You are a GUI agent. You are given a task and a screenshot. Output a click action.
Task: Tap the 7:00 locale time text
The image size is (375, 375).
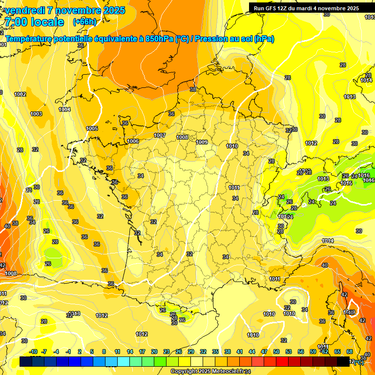coord(34,22)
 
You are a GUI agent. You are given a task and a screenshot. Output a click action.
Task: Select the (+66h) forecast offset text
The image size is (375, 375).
coord(84,22)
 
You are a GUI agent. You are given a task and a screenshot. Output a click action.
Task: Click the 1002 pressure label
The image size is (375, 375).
coord(20,94)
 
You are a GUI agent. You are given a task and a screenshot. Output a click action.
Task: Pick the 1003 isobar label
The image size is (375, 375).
coord(36,114)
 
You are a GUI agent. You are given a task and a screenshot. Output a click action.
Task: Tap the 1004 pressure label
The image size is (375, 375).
coord(64,109)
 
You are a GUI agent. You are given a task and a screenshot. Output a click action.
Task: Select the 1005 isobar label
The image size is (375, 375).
coord(92,128)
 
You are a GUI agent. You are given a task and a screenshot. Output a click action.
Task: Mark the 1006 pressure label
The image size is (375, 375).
coord(133,141)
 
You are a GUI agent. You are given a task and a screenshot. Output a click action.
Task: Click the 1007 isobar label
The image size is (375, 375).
coord(160,135)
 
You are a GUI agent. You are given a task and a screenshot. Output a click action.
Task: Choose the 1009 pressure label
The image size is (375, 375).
coord(202,142)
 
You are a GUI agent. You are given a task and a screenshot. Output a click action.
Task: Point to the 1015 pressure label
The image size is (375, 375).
coord(347,183)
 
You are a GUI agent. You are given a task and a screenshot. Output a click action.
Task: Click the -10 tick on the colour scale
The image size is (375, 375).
coord(33,352)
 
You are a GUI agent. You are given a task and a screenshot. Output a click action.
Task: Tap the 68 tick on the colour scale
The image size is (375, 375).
coord(350,352)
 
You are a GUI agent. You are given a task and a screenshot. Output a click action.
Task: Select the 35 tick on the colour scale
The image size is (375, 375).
coord(215,352)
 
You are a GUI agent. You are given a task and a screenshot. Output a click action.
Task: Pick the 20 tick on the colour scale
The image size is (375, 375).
coord(154,352)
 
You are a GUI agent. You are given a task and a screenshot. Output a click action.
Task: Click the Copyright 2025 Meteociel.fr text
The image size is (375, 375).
coord(210,372)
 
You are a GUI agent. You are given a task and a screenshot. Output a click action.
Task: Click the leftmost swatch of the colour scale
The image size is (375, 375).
coord(26,361)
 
